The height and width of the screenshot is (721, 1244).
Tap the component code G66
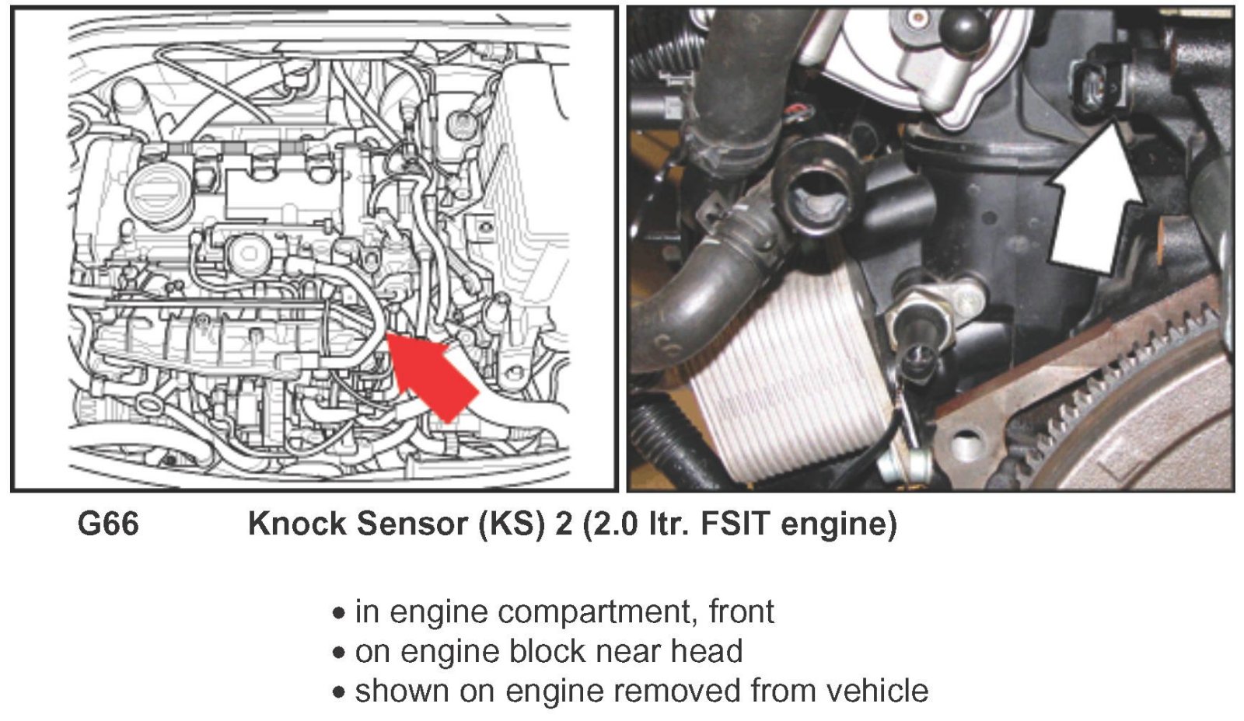pos(108,524)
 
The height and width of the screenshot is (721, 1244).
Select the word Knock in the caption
pos(298,524)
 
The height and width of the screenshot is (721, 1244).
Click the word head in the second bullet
pos(707,651)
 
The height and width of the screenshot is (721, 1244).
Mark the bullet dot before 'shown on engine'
pos(338,693)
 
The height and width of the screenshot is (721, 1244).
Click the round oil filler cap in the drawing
pos(160,194)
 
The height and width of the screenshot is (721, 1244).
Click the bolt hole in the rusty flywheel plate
pos(967,444)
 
